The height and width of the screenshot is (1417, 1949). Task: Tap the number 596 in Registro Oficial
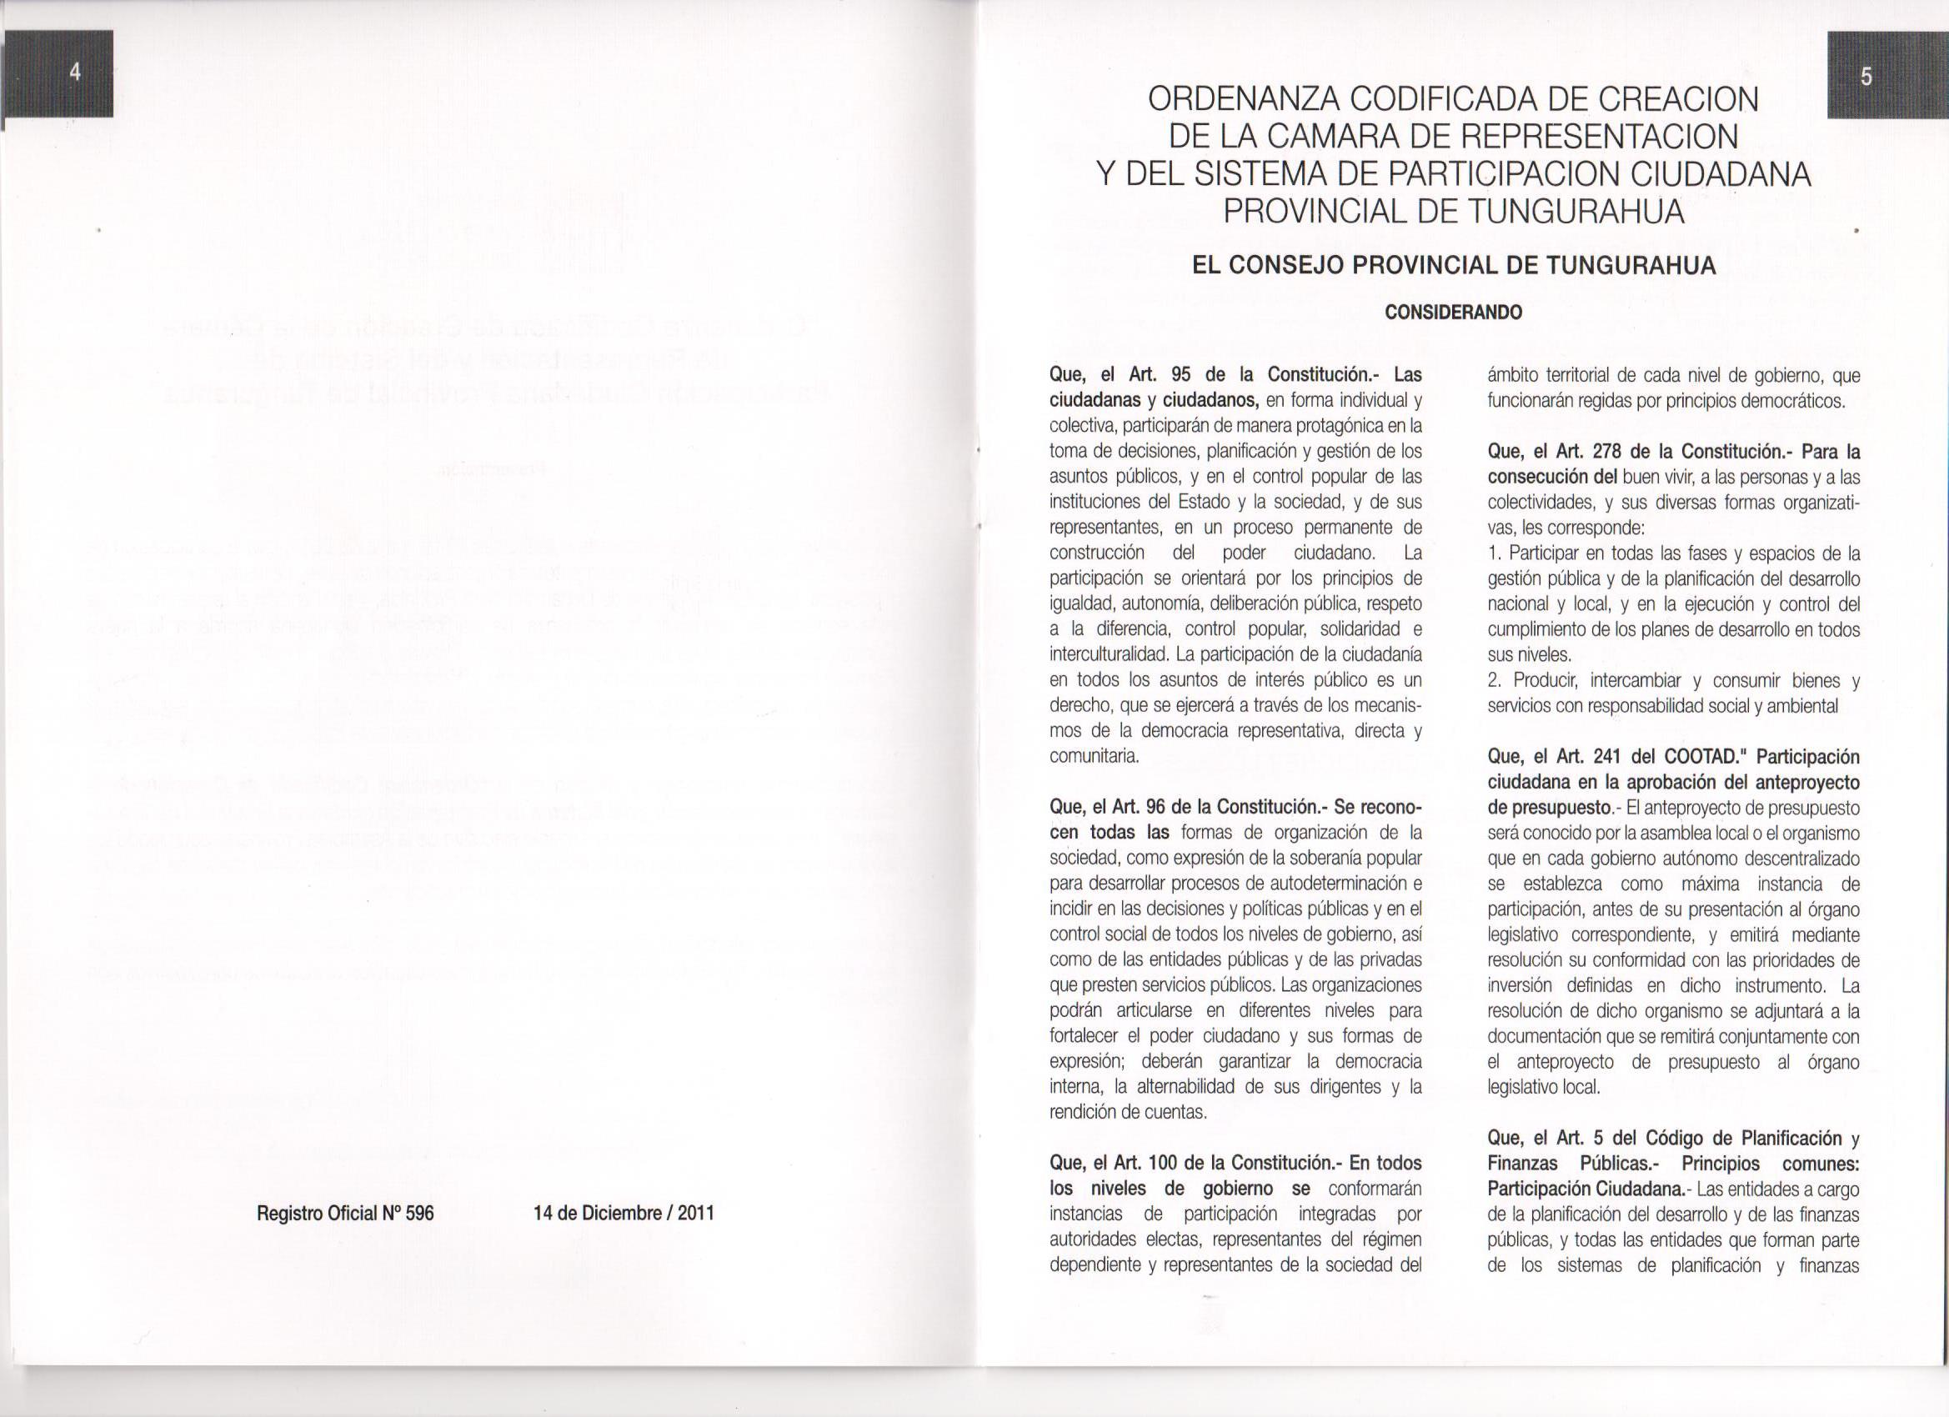pyautogui.click(x=419, y=1213)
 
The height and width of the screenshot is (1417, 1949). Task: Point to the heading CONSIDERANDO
pyautogui.click(x=1453, y=312)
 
